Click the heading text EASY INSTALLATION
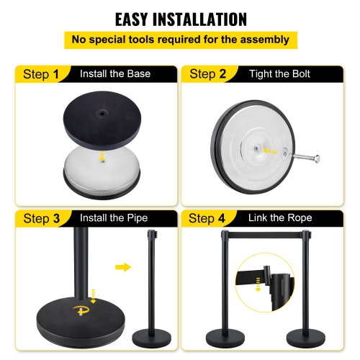[180, 19]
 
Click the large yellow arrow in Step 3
[124, 267]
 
